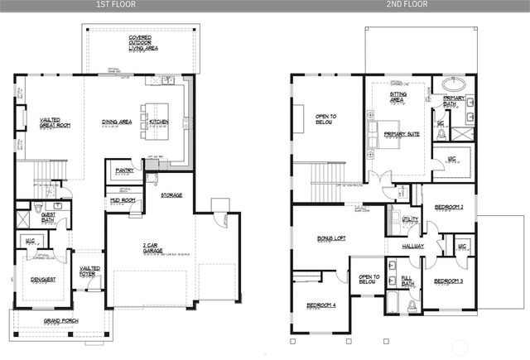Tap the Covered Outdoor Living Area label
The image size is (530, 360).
pyautogui.click(x=143, y=43)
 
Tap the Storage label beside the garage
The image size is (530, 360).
pyautogui.click(x=171, y=195)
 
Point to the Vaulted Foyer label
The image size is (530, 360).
pyautogui.click(x=89, y=271)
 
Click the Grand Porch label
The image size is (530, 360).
pyautogui.click(x=59, y=320)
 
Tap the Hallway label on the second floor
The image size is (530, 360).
pyautogui.click(x=413, y=246)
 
